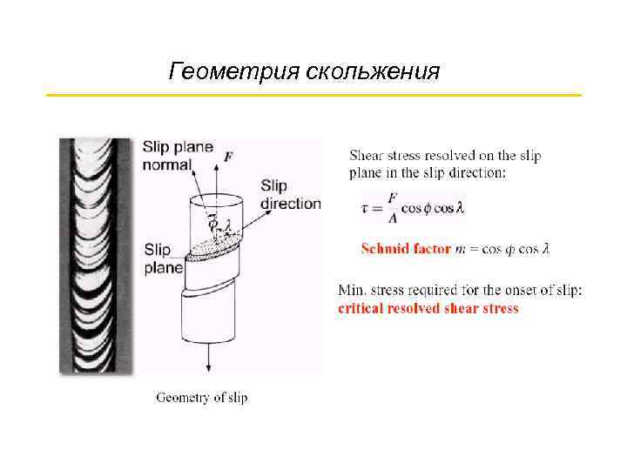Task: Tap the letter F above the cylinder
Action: point(228,157)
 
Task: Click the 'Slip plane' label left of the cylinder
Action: point(164,257)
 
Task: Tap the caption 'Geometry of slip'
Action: point(201,398)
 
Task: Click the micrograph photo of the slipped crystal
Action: point(96,257)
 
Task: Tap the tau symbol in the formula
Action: point(365,209)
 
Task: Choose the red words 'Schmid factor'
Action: point(406,250)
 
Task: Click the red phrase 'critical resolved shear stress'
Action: point(428,308)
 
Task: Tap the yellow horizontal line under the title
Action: point(313,94)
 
